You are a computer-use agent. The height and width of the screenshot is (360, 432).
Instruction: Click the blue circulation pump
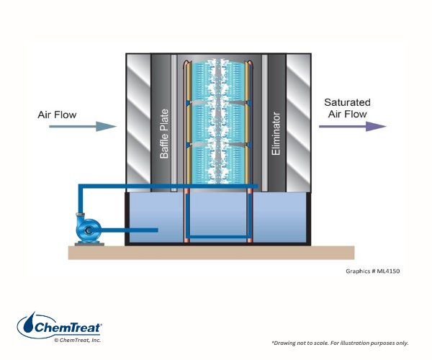coord(91,230)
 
